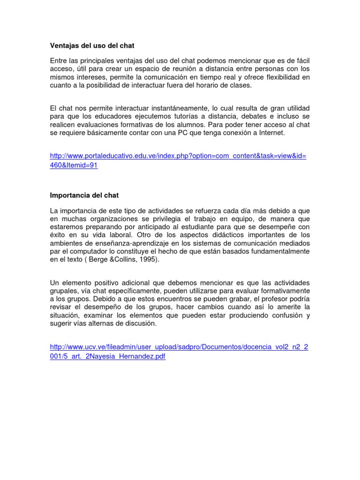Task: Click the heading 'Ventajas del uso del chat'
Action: (x=92, y=46)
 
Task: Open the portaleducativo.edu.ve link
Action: (x=178, y=156)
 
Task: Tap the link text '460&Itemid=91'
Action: (x=74, y=165)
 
